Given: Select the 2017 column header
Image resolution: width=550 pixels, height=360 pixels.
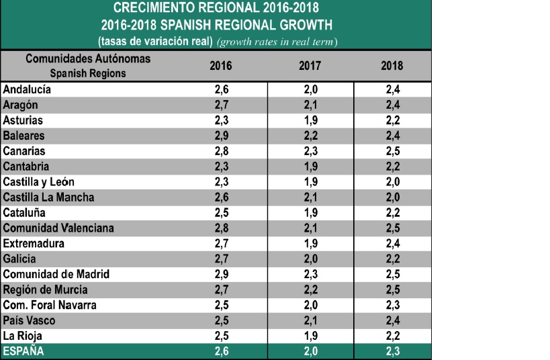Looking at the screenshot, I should point(310,66).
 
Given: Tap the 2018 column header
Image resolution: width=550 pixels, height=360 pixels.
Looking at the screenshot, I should point(392,66).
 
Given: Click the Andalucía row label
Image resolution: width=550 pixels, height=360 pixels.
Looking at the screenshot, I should point(27,89).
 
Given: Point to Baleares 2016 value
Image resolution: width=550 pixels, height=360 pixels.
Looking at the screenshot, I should point(222,136).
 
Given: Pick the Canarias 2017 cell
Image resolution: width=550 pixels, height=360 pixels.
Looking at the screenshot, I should point(310,151).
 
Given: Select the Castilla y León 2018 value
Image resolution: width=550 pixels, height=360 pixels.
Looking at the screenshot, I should point(392,182).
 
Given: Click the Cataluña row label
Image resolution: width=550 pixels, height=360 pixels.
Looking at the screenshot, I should point(26,213).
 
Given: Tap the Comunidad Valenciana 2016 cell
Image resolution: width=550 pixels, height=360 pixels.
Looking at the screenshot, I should point(222,228).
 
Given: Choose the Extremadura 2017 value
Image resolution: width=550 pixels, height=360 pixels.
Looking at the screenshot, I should point(310,244).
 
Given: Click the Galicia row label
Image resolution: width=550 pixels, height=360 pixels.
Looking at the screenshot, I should point(19,259).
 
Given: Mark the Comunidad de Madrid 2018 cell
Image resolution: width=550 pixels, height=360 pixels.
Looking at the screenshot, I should point(392,274).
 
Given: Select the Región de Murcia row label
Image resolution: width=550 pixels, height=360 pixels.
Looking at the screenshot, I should point(46,289).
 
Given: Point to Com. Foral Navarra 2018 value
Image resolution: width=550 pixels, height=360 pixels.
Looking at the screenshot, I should point(392,305).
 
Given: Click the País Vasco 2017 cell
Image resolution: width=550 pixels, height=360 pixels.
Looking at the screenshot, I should point(310,320).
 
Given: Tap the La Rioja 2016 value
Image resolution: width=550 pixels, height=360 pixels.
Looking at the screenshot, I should point(222,336).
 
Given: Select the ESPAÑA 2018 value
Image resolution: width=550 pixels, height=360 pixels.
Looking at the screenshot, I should point(392,351).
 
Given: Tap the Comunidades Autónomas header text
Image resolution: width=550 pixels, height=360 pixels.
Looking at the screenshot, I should point(88,59).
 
